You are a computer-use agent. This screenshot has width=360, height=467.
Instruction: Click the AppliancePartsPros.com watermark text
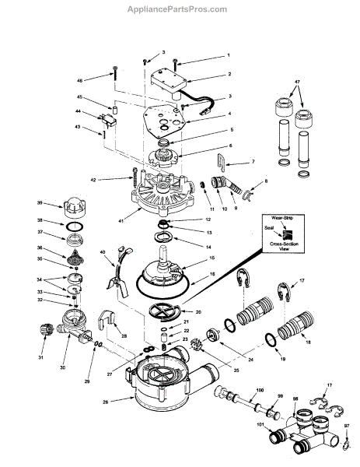[180, 10]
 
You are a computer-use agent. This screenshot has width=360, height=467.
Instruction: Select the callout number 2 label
[229, 75]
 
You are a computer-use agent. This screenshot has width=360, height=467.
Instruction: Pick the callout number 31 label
[40, 358]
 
